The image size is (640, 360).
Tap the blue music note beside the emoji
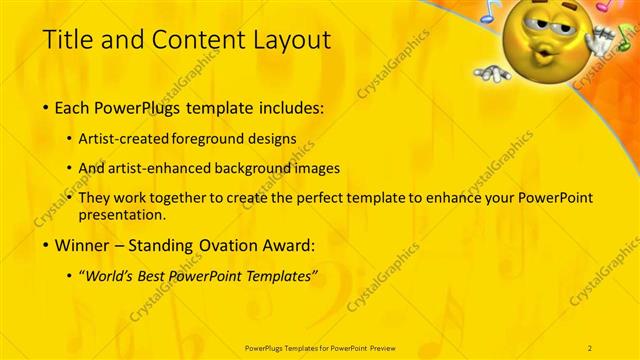(x=489, y=12)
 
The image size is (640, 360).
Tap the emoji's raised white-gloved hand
(x=600, y=40)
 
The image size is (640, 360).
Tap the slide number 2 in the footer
(x=590, y=347)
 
